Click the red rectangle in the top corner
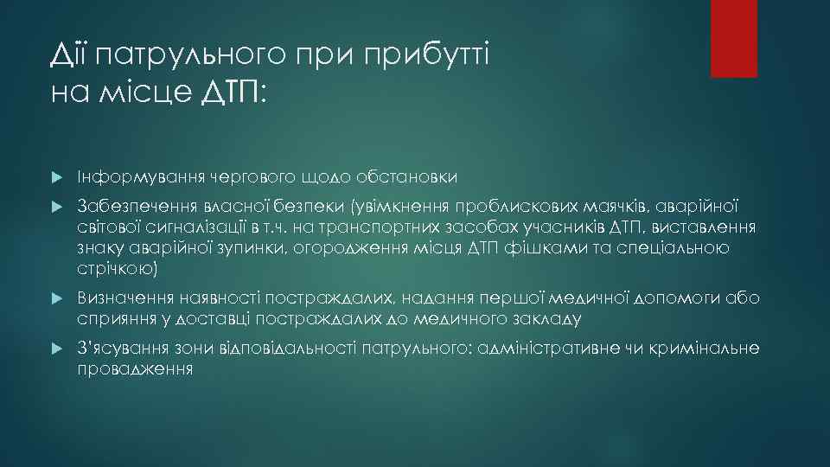[x=733, y=38]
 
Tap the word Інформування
[x=127, y=176]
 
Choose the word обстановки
[x=405, y=176]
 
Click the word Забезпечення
[x=128, y=207]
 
